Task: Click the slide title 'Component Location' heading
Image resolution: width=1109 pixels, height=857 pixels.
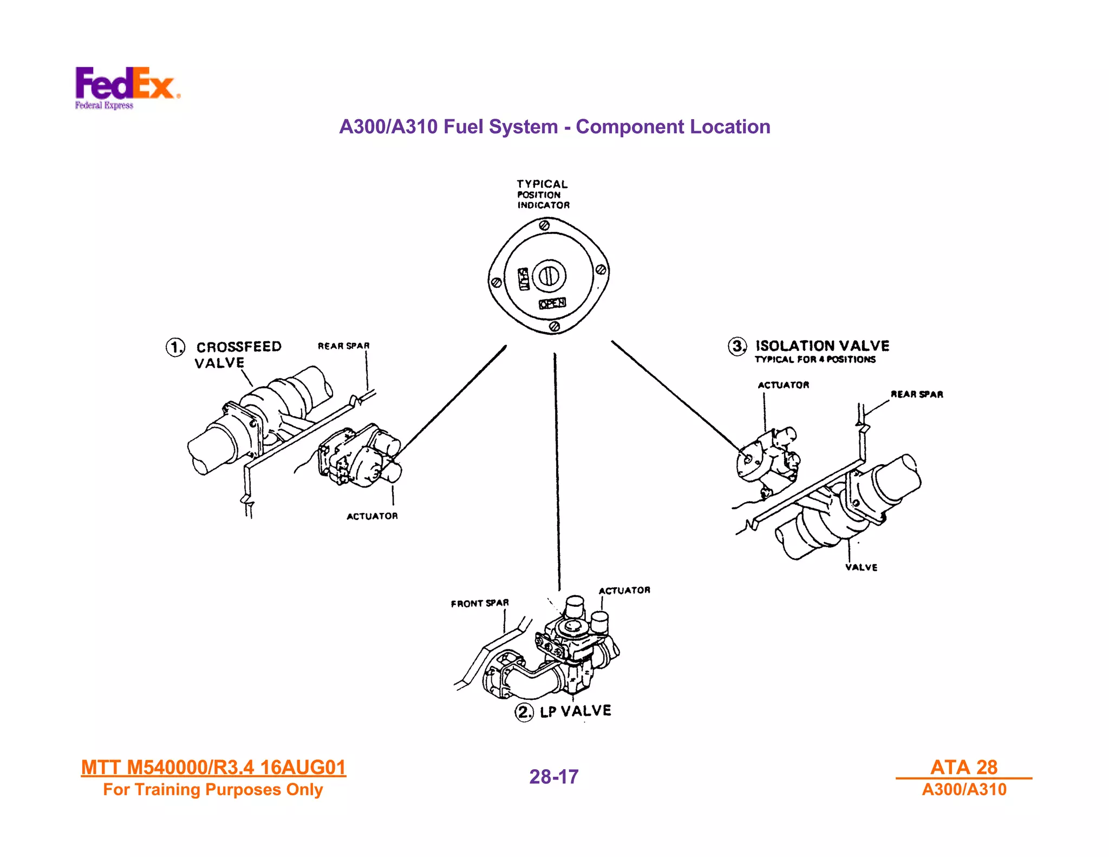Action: tap(554, 127)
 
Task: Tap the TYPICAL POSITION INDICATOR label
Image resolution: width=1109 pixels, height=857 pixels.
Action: tap(543, 194)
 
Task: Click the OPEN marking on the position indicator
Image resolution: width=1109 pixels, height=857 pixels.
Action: tap(552, 303)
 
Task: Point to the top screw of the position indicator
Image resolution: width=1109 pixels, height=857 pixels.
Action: tap(545, 225)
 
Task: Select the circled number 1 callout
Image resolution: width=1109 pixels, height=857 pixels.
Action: tap(175, 347)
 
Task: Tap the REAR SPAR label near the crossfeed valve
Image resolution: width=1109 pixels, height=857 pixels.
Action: tap(343, 346)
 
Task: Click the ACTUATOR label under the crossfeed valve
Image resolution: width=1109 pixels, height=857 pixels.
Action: tap(372, 516)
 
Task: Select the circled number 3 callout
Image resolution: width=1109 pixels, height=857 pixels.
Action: tap(737, 346)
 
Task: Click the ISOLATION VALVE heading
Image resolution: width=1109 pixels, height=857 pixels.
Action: tap(822, 346)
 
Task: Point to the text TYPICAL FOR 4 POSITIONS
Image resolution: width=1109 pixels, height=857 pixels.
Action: tap(815, 360)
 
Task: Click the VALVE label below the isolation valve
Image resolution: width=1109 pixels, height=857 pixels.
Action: tap(861, 567)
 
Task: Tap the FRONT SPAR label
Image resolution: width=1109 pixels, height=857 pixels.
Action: tap(480, 603)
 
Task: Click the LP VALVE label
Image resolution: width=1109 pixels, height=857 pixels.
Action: tap(576, 711)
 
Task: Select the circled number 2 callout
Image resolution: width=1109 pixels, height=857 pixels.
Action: tap(524, 711)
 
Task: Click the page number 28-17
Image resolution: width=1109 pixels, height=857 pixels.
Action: tap(553, 777)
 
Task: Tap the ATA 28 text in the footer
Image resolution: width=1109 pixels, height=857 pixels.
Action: tap(963, 767)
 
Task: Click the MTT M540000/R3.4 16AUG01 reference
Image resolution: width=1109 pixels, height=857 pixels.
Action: tap(213, 768)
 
